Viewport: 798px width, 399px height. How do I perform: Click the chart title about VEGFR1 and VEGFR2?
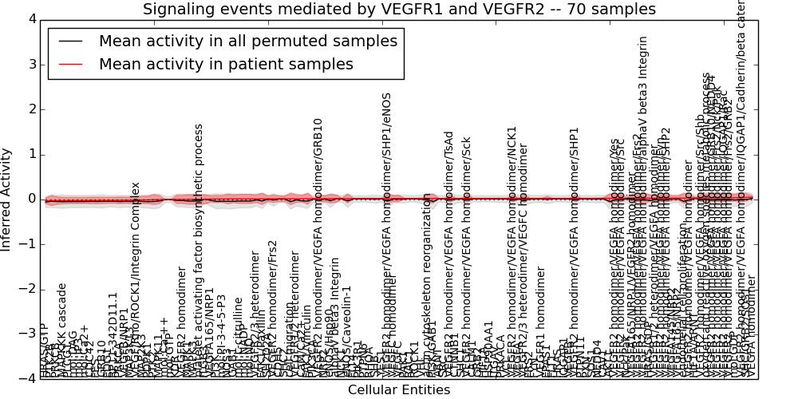click(399, 10)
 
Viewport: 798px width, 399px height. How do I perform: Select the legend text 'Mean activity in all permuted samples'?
click(247, 41)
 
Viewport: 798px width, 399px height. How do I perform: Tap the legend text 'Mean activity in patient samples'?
click(226, 65)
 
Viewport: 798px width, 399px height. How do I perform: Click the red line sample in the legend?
click(69, 65)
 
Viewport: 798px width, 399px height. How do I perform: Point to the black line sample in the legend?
click(69, 41)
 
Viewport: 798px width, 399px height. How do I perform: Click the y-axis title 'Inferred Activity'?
click(7, 199)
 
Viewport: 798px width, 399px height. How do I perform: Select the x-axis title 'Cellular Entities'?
click(399, 389)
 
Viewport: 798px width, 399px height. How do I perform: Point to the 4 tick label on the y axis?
click(33, 19)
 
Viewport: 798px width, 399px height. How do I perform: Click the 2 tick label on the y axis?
click(33, 109)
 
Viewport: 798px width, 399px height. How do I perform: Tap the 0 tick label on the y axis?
click(33, 199)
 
